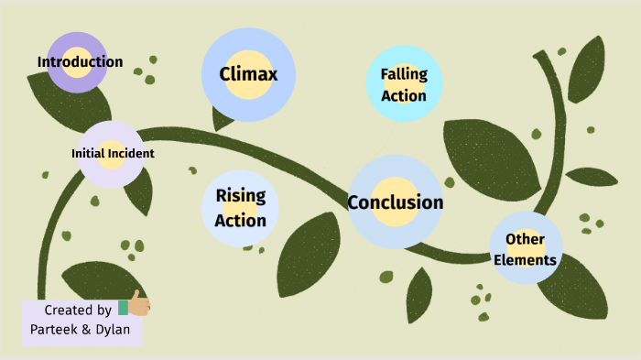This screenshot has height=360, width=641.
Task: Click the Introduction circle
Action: click(x=77, y=62)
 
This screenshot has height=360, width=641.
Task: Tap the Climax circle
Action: click(x=247, y=74)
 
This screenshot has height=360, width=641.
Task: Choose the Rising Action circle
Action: click(x=240, y=208)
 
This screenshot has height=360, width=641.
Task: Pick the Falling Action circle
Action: click(x=404, y=84)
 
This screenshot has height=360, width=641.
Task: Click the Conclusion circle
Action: click(x=396, y=202)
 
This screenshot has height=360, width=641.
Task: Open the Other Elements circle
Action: click(x=526, y=249)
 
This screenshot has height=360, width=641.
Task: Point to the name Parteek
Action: click(x=51, y=330)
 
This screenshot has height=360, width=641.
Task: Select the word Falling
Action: click(x=404, y=74)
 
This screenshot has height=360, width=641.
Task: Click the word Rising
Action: click(x=241, y=196)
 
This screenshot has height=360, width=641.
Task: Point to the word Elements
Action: click(x=525, y=260)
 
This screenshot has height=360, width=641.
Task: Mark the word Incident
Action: click(x=130, y=154)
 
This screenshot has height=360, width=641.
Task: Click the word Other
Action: click(x=526, y=239)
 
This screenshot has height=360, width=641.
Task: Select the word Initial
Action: click(x=88, y=154)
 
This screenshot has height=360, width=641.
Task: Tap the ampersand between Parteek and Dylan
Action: click(x=85, y=330)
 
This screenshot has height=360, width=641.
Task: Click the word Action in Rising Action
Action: click(x=241, y=220)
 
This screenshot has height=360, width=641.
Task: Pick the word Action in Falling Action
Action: click(x=404, y=95)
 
